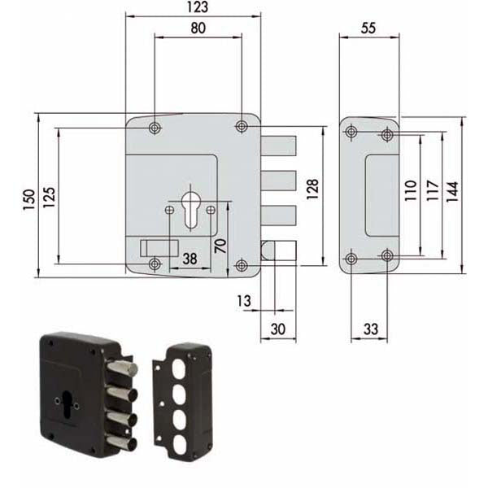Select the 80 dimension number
click(x=198, y=28)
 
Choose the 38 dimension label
click(x=189, y=259)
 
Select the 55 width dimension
click(x=368, y=28)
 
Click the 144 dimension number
click(x=453, y=191)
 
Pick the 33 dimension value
click(x=370, y=329)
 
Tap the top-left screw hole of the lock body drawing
click(x=155, y=126)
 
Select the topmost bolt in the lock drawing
click(x=279, y=146)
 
